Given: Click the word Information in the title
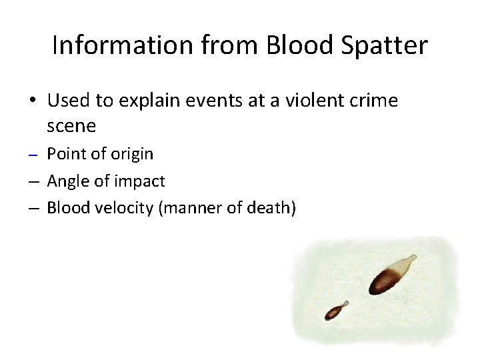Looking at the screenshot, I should [x=109, y=45].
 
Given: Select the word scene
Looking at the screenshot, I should [x=71, y=125].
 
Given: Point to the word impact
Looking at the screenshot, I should [x=141, y=181].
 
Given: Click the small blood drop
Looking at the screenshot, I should [x=333, y=311].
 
